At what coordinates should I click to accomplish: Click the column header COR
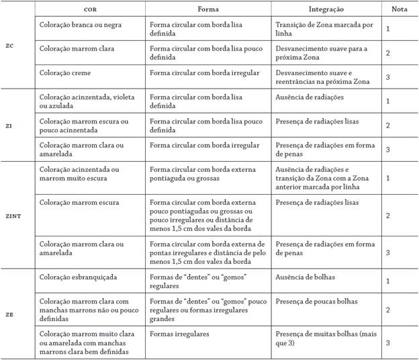click(x=89, y=10)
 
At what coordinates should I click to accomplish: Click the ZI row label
click(x=9, y=126)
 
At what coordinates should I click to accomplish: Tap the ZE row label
click(x=9, y=314)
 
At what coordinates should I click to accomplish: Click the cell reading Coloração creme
click(x=65, y=73)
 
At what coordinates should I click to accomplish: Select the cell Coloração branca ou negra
click(x=80, y=24)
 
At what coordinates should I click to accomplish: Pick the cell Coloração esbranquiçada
click(x=76, y=276)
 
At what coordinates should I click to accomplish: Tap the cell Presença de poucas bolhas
click(x=316, y=301)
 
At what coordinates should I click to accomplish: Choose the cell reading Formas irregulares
click(x=179, y=334)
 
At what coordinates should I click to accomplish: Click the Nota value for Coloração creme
click(x=388, y=77)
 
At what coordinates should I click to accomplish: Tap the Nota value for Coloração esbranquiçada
click(x=388, y=280)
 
